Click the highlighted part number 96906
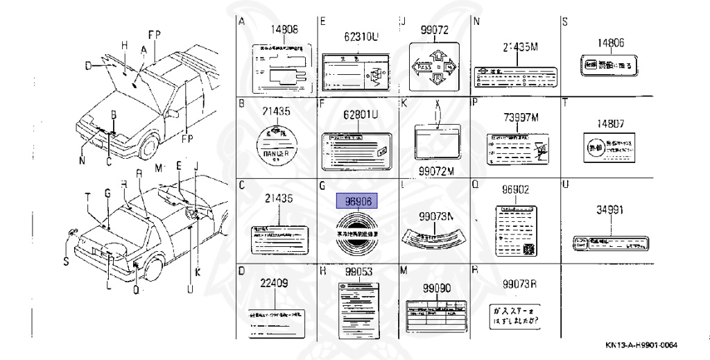coord(358,201)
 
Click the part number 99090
coord(437,287)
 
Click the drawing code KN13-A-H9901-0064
coord(641,346)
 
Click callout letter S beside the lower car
coord(67,261)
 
